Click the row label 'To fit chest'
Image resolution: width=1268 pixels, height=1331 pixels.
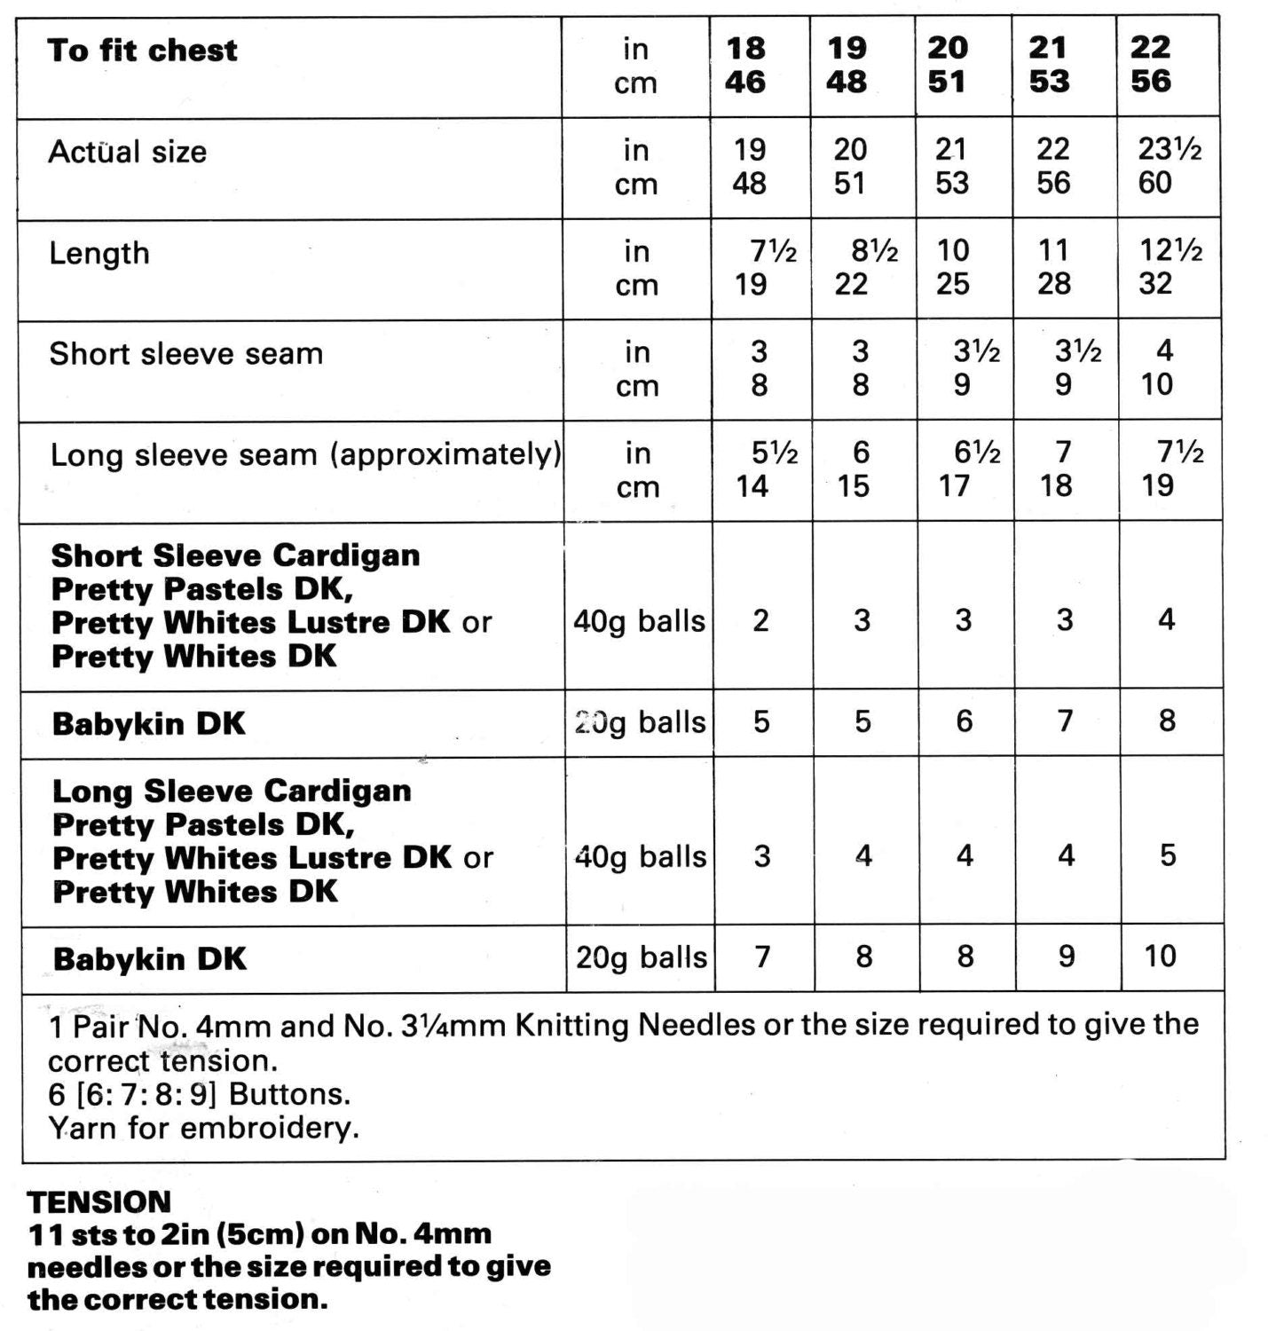point(142,51)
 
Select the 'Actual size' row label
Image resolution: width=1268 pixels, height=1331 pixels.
point(127,152)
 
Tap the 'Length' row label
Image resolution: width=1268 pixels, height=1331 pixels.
point(98,253)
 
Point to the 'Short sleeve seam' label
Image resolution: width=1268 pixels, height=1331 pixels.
point(185,354)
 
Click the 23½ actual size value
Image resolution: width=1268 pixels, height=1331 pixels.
point(1170,149)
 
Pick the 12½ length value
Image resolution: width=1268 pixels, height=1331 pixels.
point(1170,250)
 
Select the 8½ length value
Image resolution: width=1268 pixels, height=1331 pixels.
point(874,251)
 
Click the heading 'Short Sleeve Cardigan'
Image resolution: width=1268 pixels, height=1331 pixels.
point(235,555)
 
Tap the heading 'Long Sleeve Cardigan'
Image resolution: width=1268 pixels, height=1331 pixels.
point(232,791)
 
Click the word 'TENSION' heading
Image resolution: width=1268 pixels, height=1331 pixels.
point(98,1202)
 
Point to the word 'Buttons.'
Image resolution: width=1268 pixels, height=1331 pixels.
point(289,1094)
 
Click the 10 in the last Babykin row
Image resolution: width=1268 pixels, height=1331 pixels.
point(1161,957)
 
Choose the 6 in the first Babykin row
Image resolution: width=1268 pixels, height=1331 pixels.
point(965,721)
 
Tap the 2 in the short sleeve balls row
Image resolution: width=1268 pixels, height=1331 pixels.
point(760,621)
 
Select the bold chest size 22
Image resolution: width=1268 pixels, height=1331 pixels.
point(1151,47)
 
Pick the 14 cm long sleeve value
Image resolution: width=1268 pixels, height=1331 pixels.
point(752,486)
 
